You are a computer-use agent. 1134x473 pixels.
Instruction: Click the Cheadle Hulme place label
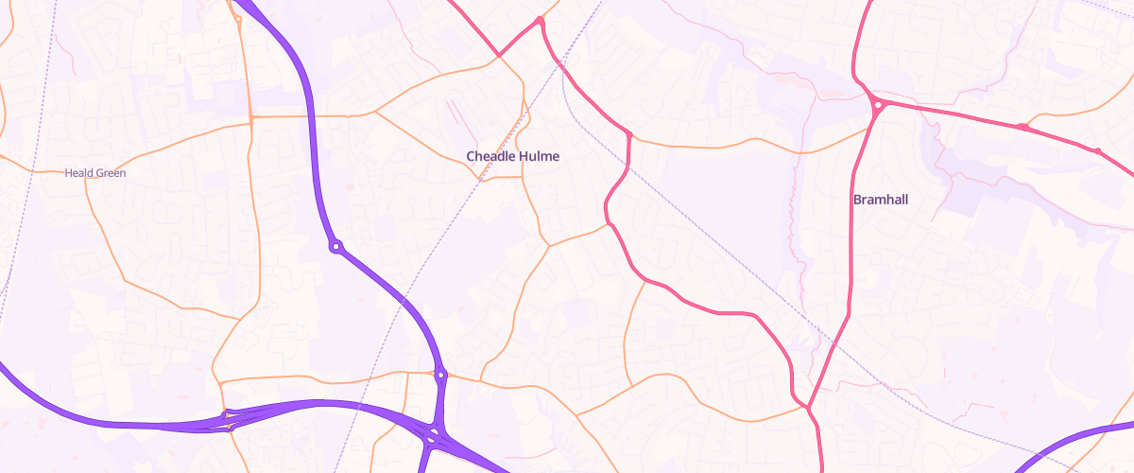pos(513,156)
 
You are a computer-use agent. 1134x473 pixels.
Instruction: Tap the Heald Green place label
pos(94,173)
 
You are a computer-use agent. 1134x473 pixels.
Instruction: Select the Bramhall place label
pos(881,200)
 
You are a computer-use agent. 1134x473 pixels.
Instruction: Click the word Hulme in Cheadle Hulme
pos(539,156)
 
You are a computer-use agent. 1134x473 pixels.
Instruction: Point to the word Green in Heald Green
pos(110,173)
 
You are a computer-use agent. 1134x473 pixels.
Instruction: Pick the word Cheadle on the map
pos(490,156)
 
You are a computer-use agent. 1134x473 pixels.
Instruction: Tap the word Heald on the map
pos(78,173)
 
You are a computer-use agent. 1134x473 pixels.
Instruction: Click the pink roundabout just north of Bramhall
pos(878,105)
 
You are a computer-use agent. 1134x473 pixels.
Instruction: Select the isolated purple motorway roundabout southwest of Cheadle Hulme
pos(335,247)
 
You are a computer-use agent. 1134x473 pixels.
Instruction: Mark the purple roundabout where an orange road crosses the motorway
pos(440,376)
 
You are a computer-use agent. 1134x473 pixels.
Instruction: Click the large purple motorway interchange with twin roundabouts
pos(432,436)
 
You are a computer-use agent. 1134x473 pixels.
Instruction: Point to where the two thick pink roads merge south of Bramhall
pos(808,408)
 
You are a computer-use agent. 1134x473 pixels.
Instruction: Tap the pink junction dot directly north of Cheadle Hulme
pos(540,21)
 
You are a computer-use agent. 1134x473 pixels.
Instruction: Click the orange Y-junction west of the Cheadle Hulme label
pos(376,111)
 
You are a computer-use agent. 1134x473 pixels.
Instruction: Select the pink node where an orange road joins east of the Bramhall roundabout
pos(1022,126)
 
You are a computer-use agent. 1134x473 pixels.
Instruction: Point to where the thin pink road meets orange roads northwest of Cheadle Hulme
pos(499,56)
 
